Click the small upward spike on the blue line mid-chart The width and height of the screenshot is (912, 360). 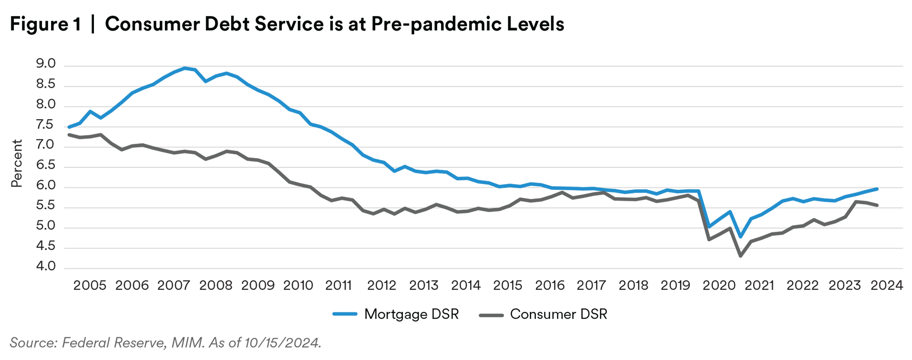tap(405, 162)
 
